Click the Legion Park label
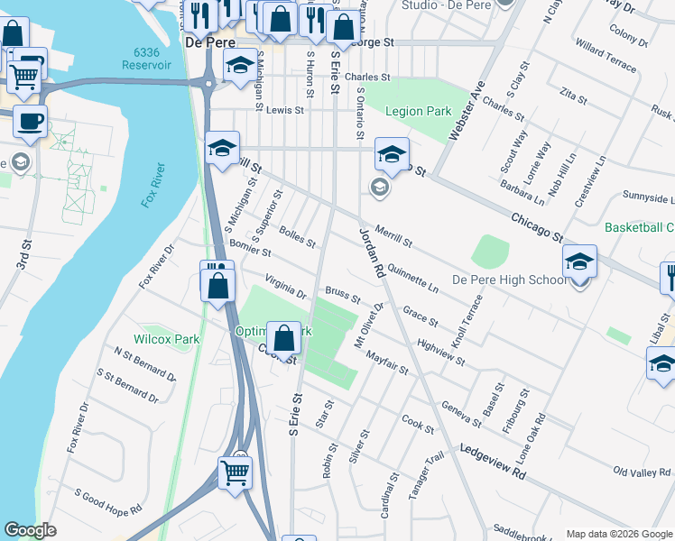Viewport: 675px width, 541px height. coord(418,112)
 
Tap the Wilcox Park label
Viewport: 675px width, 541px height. coord(166,340)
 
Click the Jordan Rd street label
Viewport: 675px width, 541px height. coord(371,252)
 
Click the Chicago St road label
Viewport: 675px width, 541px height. coord(536,225)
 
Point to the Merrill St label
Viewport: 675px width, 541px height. coord(393,237)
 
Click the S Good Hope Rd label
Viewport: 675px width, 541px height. coord(108,503)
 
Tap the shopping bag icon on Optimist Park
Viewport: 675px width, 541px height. coord(284,338)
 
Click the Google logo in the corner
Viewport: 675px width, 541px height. coord(30,530)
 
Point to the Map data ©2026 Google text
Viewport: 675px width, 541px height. coord(619,534)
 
